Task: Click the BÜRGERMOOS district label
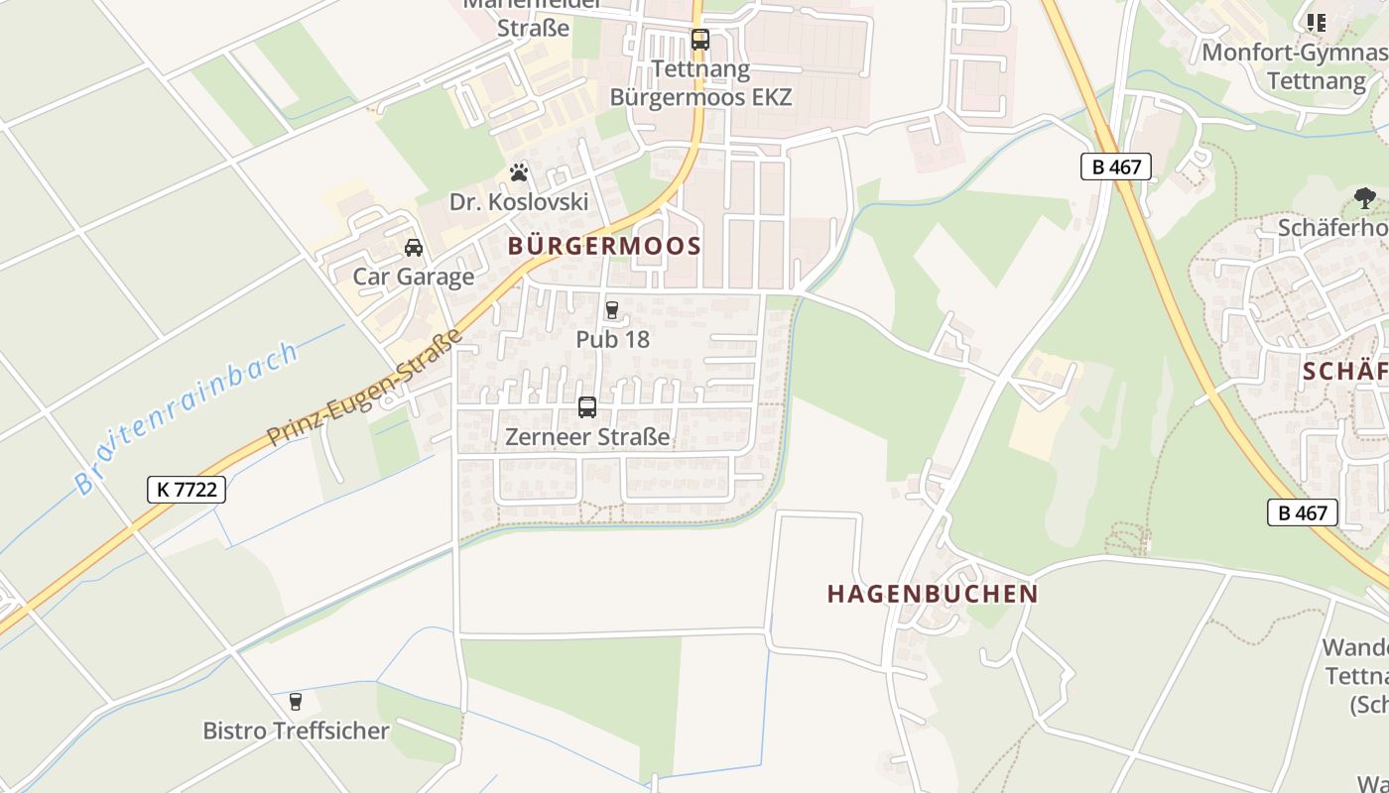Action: [x=604, y=247]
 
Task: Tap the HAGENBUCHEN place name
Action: [x=933, y=594]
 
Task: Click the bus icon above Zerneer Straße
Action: [x=587, y=407]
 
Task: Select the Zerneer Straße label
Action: [x=587, y=436]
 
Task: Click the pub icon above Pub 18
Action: [x=612, y=310]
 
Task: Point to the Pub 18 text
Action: [x=612, y=339]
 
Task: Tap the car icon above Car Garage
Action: [x=414, y=248]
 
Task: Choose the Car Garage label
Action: [x=414, y=277]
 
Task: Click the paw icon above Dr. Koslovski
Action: [x=519, y=173]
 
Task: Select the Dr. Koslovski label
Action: [x=519, y=202]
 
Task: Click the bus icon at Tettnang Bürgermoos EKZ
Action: [x=700, y=40]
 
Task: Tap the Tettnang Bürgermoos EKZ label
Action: [x=701, y=83]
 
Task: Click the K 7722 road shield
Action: [x=187, y=489]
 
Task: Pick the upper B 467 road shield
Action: [x=1116, y=167]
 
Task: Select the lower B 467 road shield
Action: [x=1303, y=512]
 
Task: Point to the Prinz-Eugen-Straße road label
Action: [x=366, y=388]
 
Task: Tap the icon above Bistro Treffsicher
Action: [x=296, y=702]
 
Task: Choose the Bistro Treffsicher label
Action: [x=296, y=731]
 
